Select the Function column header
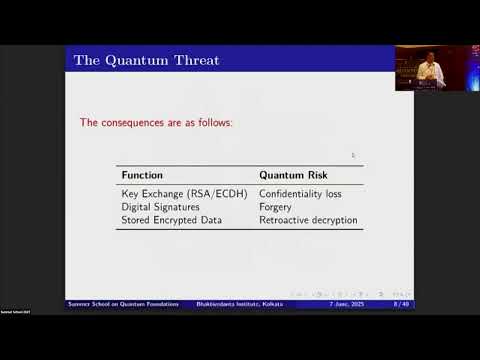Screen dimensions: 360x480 [142, 175]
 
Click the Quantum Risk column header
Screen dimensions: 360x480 [293, 175]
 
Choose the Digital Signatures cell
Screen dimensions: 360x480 [160, 206]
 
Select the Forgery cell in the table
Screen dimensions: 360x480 [276, 206]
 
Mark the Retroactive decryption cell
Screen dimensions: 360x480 [308, 219]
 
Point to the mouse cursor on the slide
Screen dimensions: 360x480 [353, 155]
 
